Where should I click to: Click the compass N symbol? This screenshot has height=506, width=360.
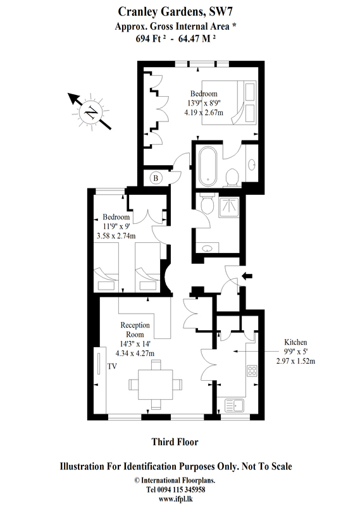[x=91, y=112]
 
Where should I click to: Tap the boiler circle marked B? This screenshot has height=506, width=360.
[x=156, y=178]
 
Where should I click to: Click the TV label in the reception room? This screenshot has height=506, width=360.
[x=112, y=366]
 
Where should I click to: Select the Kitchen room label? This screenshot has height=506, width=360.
[x=295, y=342]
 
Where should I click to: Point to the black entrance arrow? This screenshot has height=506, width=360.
[x=247, y=276]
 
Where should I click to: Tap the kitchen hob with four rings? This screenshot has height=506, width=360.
[x=252, y=371]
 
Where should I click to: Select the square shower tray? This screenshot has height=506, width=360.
[x=228, y=207]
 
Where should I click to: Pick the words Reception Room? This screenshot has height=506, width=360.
[x=135, y=330]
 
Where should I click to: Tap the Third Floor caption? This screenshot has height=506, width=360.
[x=175, y=441]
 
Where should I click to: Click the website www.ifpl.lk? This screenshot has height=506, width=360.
[x=176, y=499]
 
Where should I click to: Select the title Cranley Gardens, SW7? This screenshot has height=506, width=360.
[x=175, y=12]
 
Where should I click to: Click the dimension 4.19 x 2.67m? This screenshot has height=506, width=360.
[x=203, y=113]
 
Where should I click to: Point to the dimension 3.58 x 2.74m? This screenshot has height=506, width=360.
[x=116, y=236]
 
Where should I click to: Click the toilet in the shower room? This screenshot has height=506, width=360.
[x=206, y=203]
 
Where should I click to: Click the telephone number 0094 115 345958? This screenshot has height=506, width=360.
[x=181, y=490]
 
